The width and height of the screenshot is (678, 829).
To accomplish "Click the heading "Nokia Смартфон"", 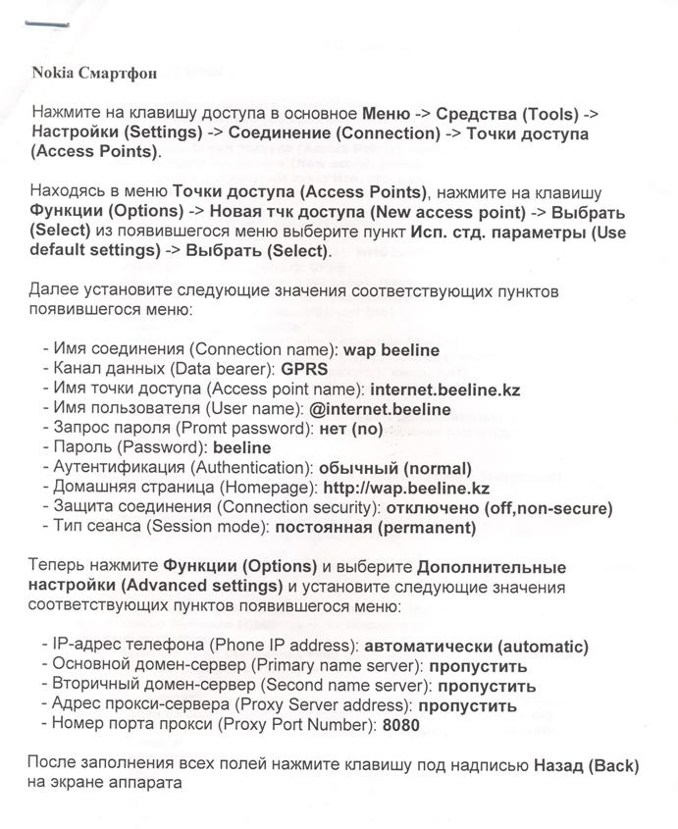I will point(94,73).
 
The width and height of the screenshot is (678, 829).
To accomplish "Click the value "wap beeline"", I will point(391,349).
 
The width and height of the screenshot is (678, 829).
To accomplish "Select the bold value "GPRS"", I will point(304,369).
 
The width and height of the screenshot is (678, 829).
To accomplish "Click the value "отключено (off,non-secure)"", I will point(499,507).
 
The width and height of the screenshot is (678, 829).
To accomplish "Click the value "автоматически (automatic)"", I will point(476,647).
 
